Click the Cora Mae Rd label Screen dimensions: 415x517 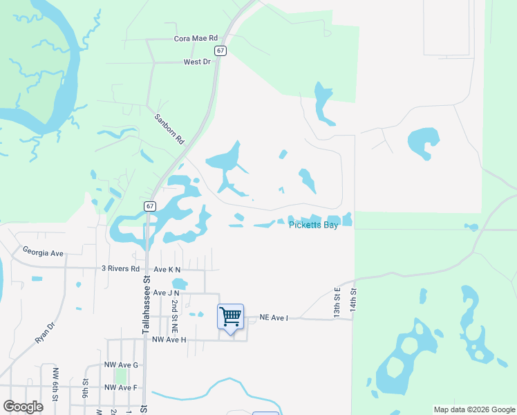click(x=196, y=39)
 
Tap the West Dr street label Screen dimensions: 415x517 click(x=196, y=62)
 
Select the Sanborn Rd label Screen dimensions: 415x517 click(x=169, y=129)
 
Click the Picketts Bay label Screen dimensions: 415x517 click(x=313, y=225)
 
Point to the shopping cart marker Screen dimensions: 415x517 click(x=230, y=317)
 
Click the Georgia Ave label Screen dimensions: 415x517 click(x=43, y=253)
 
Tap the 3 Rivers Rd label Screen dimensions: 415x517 click(x=120, y=268)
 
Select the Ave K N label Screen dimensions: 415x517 click(x=167, y=269)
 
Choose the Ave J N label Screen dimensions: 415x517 click(x=166, y=293)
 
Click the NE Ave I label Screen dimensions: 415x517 click(x=273, y=317)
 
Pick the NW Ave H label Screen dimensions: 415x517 click(x=169, y=339)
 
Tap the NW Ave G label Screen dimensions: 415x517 click(x=121, y=365)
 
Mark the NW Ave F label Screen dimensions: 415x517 click(x=121, y=387)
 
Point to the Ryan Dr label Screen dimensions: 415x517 click(x=45, y=334)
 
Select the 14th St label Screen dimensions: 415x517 click(x=353, y=299)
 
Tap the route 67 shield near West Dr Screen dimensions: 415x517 click(x=220, y=50)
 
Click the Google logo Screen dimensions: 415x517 click(x=23, y=407)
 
